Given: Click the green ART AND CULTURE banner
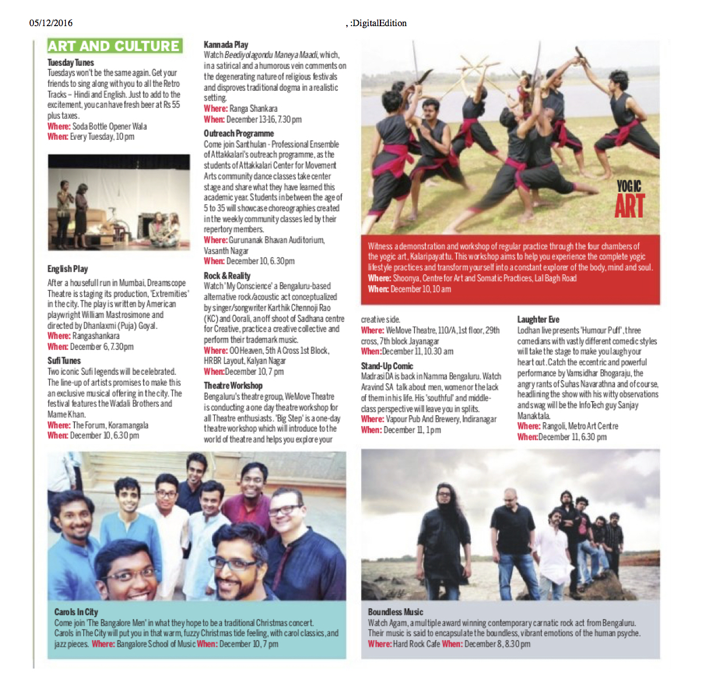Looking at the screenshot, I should [x=114, y=46].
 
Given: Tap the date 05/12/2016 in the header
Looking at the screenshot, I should [x=51, y=23].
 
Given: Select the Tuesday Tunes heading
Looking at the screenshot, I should [x=70, y=62].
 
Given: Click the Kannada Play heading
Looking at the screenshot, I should [x=225, y=44].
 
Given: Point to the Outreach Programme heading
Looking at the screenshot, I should [x=238, y=133].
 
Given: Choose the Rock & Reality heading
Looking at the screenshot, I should [x=227, y=275].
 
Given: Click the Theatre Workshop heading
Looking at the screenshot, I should [x=233, y=386].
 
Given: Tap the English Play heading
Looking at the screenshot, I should [x=68, y=269].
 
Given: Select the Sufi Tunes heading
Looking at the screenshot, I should [x=64, y=361].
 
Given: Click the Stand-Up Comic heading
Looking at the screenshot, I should [x=387, y=366].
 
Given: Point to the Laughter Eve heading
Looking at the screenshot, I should [x=538, y=319].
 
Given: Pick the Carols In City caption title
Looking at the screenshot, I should [x=76, y=612].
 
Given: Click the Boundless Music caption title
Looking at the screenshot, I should [x=395, y=612].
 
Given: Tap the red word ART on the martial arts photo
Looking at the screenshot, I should [x=629, y=206].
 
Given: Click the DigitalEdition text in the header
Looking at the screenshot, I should [x=378, y=23].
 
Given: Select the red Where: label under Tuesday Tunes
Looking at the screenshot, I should [x=59, y=126].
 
